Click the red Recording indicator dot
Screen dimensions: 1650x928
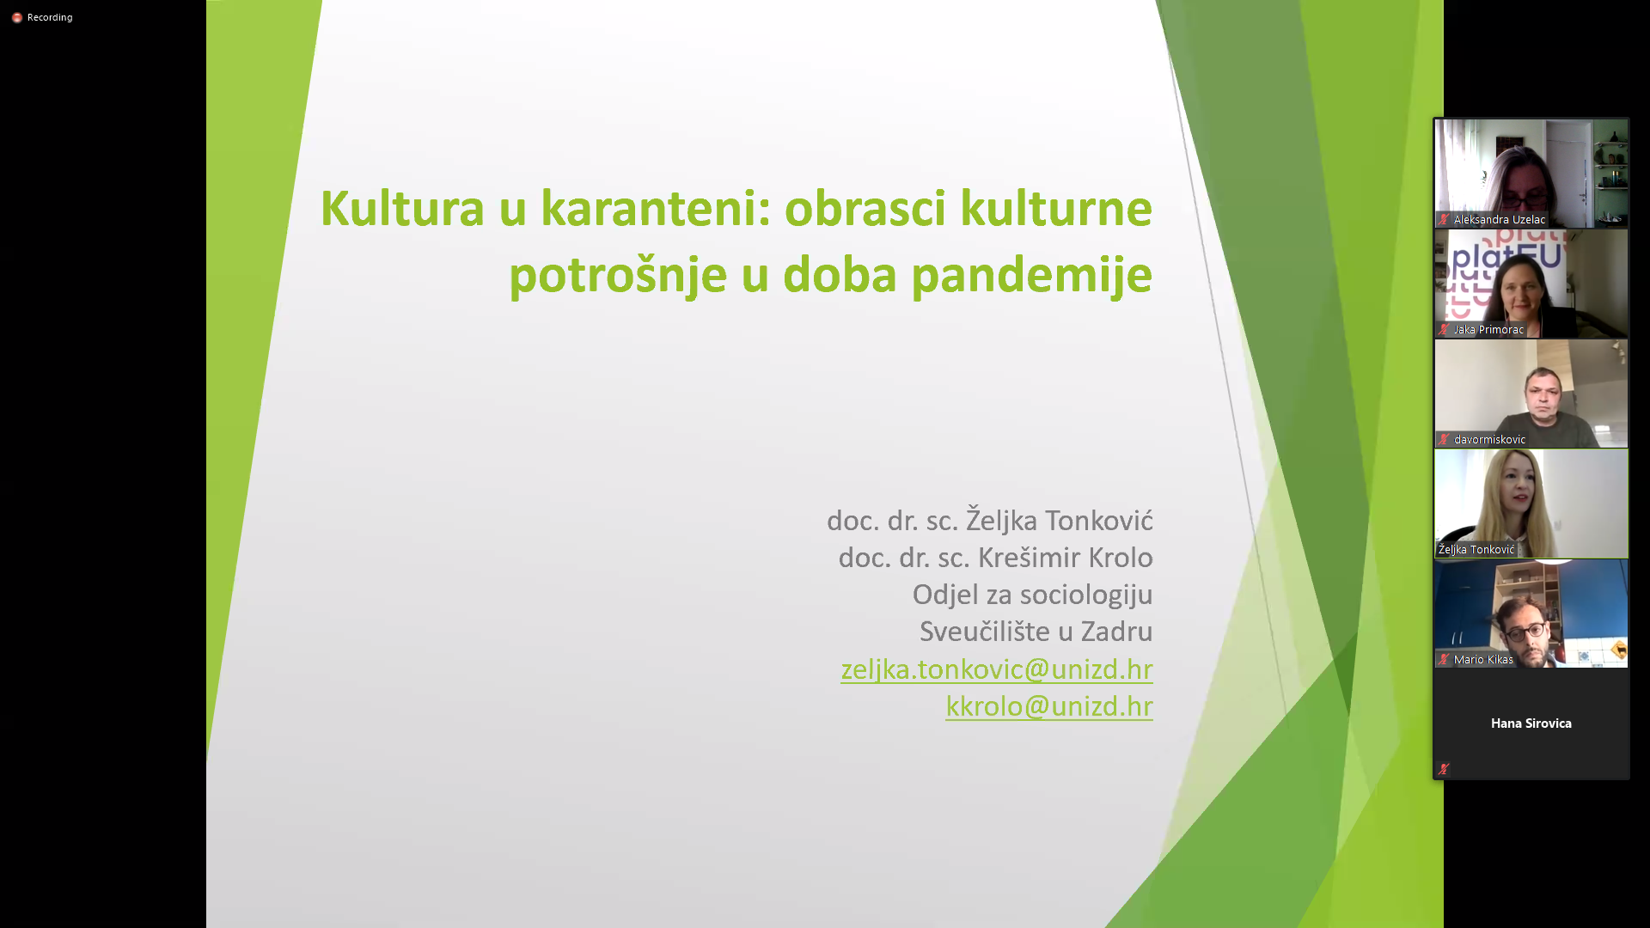click(x=16, y=17)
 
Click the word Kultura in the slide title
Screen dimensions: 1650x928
click(x=402, y=208)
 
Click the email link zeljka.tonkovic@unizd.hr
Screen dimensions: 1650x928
click(x=997, y=669)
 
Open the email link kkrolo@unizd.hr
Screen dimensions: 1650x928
click(x=1049, y=705)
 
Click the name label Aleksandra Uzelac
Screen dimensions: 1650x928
click(x=1499, y=219)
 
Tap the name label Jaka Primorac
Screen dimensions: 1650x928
click(x=1488, y=329)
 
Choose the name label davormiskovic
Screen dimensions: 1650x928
click(x=1489, y=439)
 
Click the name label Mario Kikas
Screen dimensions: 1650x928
click(x=1483, y=659)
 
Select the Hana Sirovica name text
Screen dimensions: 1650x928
click(x=1531, y=723)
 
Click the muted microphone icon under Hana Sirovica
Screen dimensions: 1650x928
click(x=1444, y=769)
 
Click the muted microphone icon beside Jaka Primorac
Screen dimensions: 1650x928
click(x=1444, y=329)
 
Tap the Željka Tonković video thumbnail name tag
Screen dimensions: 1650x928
click(x=1476, y=549)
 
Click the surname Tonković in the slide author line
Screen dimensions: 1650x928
click(x=1099, y=521)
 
